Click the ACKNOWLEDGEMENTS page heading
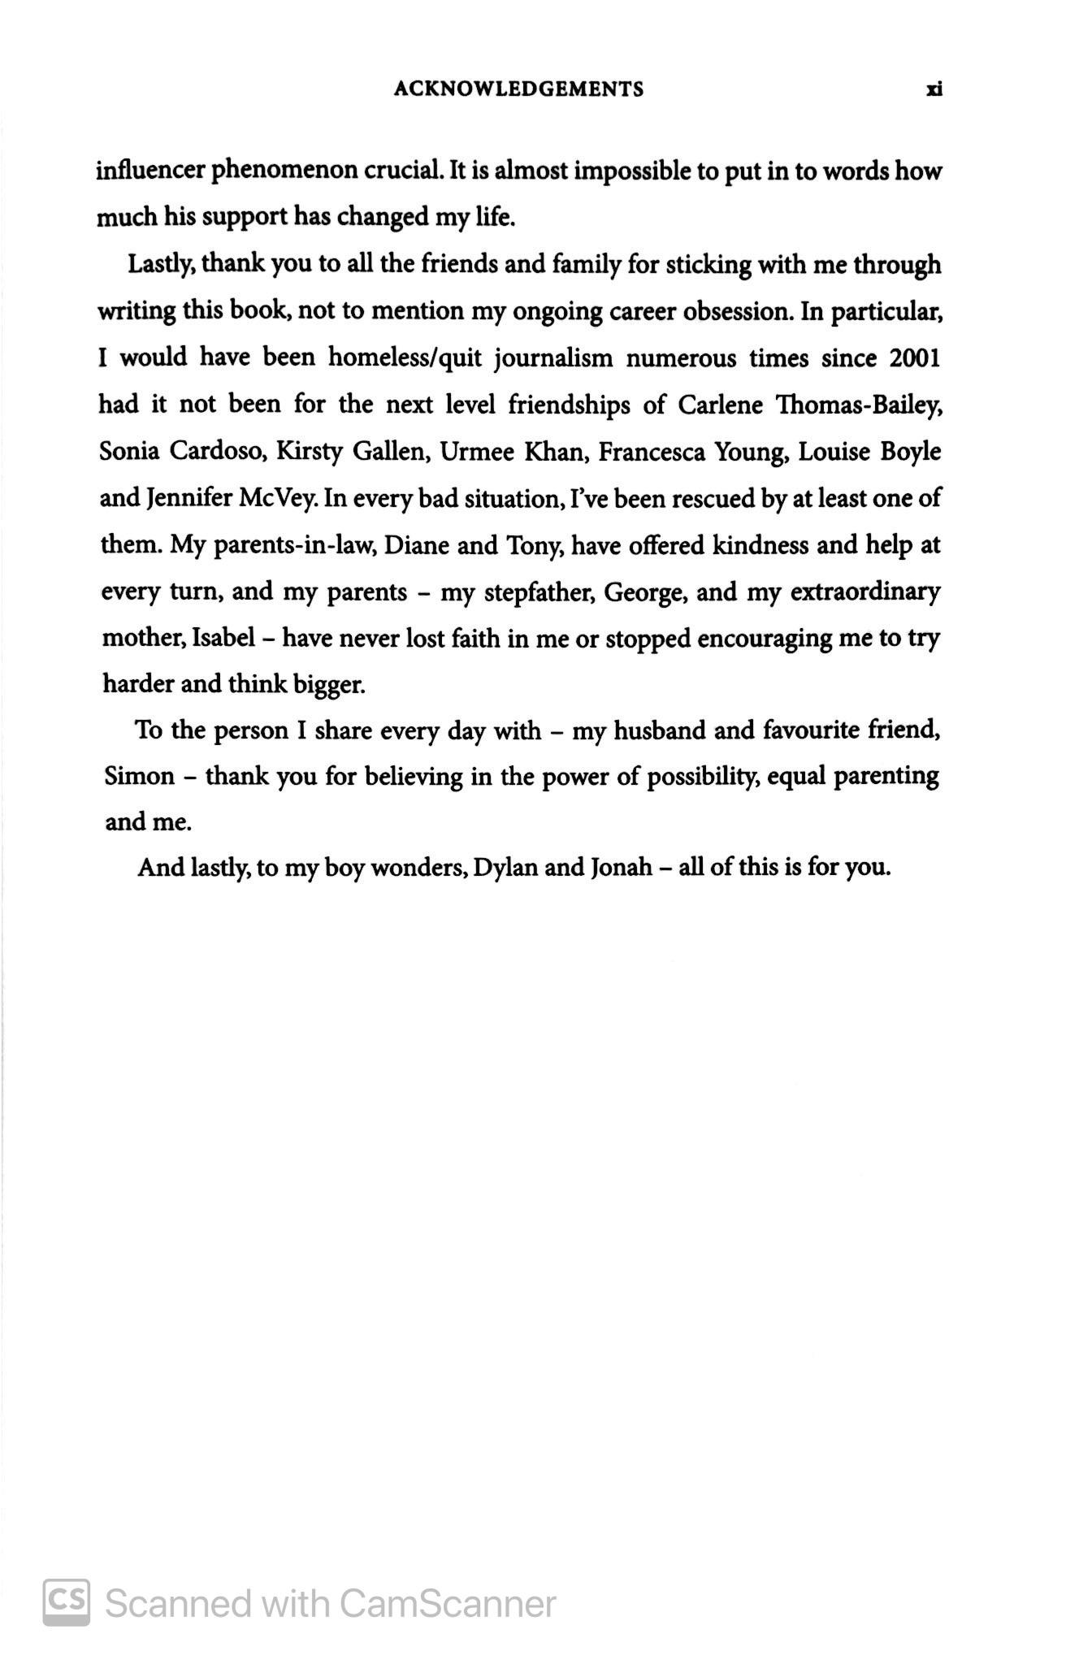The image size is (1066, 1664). pyautogui.click(x=518, y=89)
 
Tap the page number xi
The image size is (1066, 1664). pyautogui.click(x=934, y=89)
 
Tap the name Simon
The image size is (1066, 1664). pyautogui.click(x=139, y=777)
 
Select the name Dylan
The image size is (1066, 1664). pyautogui.click(x=505, y=869)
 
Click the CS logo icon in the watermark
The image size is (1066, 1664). pyautogui.click(x=67, y=1603)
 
